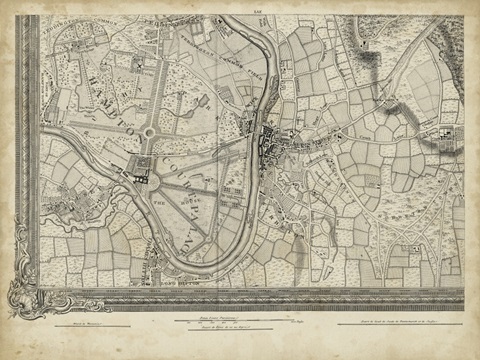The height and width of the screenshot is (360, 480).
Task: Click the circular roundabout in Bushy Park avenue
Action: [149, 131]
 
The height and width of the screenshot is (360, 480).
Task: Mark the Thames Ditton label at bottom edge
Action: [180, 290]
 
